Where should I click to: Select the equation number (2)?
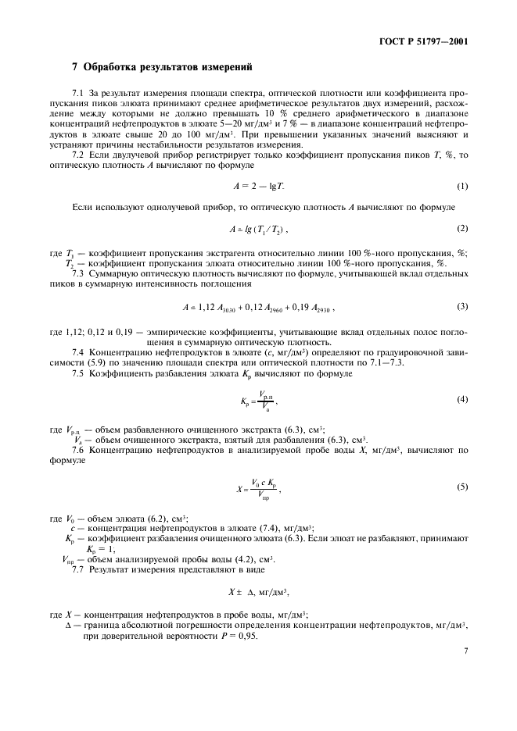pyautogui.click(x=462, y=228)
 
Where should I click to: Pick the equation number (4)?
pyautogui.click(x=462, y=400)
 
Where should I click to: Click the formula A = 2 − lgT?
pyautogui.click(x=258, y=187)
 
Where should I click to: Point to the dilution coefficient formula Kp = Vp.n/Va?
pyautogui.click(x=257, y=401)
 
